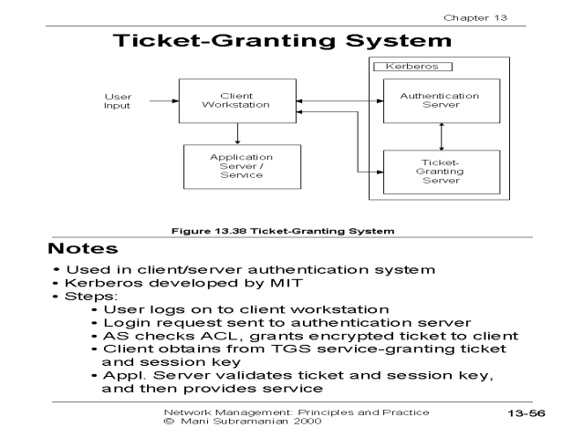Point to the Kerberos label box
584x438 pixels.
click(x=413, y=67)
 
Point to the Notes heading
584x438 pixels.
click(x=83, y=248)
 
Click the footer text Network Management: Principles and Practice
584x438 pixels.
click(x=294, y=412)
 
